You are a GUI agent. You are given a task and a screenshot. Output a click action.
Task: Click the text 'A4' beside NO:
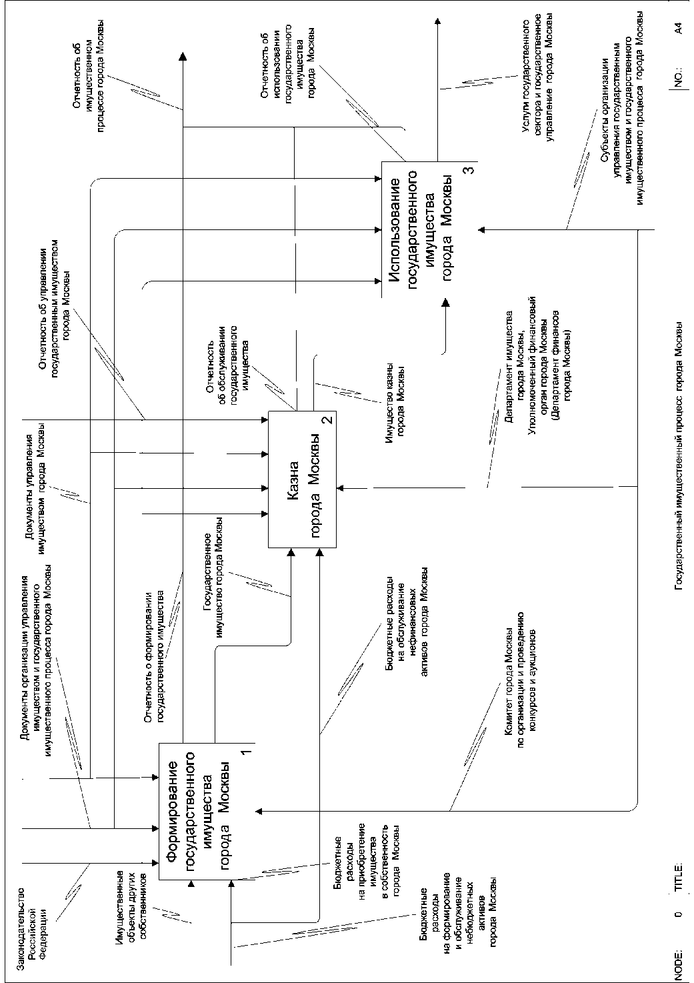(678, 27)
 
